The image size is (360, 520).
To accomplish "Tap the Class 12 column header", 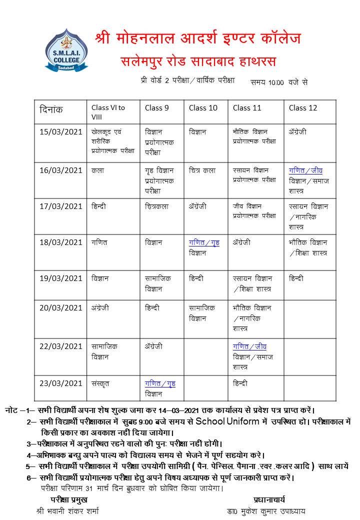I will click(x=303, y=108).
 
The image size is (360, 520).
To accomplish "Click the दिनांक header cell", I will click(x=51, y=109).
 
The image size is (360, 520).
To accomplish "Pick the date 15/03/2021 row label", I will click(x=60, y=132).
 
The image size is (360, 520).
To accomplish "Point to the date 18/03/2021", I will click(x=60, y=242).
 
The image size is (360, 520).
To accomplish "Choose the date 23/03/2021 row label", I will click(x=60, y=383).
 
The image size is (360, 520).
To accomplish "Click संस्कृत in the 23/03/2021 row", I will click(x=100, y=383).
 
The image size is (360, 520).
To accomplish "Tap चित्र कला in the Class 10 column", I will click(x=202, y=170).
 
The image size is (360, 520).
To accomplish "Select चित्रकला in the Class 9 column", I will click(x=156, y=206).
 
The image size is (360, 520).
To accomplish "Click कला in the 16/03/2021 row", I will click(x=97, y=170).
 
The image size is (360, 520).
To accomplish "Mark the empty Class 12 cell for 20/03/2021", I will click(x=310, y=319).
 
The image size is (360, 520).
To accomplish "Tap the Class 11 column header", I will click(x=247, y=108).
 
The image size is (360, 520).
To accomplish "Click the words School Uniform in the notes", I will click(x=227, y=421).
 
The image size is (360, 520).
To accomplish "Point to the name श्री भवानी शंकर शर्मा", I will click(x=68, y=511).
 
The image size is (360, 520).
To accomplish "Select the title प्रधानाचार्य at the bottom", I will click(x=269, y=499).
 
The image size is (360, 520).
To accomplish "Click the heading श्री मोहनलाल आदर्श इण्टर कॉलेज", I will click(x=198, y=38).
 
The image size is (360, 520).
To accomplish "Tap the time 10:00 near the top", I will click(x=276, y=82).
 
